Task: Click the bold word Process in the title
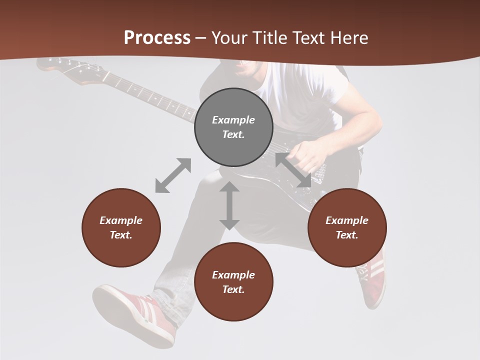pyautogui.click(x=157, y=38)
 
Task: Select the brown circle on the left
pyautogui.click(x=121, y=227)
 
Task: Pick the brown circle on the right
pyautogui.click(x=347, y=227)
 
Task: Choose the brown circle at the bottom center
pyautogui.click(x=233, y=282)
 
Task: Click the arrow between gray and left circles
pyautogui.click(x=173, y=175)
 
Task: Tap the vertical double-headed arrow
pyautogui.click(x=229, y=205)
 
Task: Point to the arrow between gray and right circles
pyautogui.click(x=293, y=170)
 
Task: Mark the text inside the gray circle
pyautogui.click(x=233, y=127)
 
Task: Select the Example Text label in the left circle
pyautogui.click(x=121, y=227)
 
